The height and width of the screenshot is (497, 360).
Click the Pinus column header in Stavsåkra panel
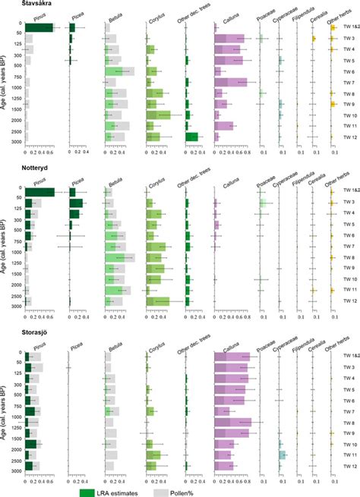click(x=37, y=17)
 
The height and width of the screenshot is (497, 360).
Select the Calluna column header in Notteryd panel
click(x=226, y=181)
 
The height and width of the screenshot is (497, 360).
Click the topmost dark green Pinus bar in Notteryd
click(x=39, y=192)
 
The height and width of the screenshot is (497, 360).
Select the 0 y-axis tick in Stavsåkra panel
click(x=20, y=24)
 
